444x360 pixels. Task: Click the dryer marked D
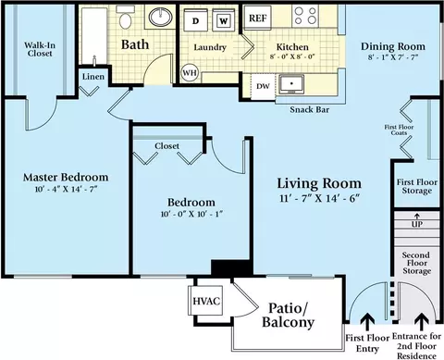click(195, 20)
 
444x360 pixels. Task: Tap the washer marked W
click(224, 20)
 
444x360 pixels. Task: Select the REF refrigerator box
click(258, 18)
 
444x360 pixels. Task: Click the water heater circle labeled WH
click(190, 73)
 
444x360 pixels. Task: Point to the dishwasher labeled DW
click(263, 87)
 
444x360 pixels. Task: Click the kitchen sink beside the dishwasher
click(291, 84)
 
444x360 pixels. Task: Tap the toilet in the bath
click(125, 18)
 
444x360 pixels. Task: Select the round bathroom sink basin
click(161, 17)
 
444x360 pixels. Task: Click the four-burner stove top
click(305, 16)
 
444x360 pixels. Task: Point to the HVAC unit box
click(206, 301)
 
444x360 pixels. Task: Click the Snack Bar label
click(310, 109)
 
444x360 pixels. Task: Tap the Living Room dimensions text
click(320, 198)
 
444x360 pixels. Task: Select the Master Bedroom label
click(66, 178)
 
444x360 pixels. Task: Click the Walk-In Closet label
click(40, 49)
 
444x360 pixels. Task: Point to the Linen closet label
click(93, 77)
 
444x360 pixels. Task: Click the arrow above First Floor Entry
click(367, 322)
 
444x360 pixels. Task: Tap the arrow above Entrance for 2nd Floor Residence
click(421, 322)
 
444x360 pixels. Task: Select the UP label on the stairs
click(417, 224)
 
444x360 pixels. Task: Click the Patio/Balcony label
click(288, 315)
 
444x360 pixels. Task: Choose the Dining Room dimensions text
click(392, 57)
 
